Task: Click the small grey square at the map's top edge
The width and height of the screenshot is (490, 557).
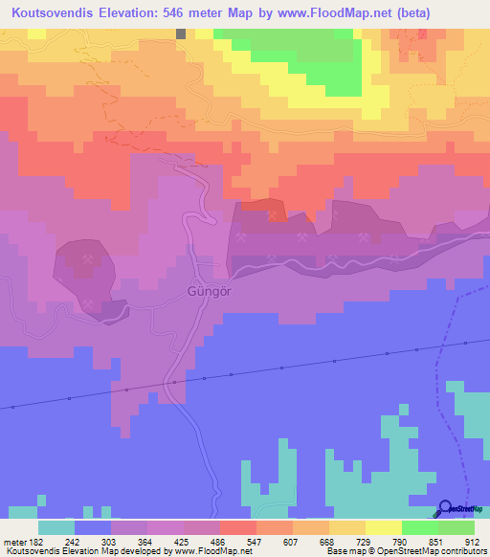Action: [x=180, y=33]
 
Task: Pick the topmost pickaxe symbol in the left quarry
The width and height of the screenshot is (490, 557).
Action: [x=88, y=258]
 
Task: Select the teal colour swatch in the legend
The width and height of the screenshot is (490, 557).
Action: [x=56, y=527]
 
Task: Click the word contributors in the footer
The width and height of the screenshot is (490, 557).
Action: [x=460, y=551]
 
